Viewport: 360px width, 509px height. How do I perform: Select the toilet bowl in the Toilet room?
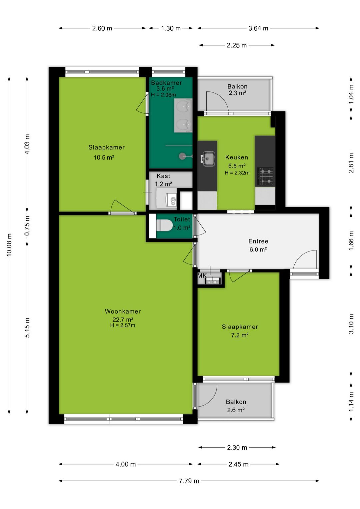(x=164, y=225)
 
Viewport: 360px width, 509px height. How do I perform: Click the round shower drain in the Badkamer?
(x=182, y=156)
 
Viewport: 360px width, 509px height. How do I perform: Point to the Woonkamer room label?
(x=123, y=311)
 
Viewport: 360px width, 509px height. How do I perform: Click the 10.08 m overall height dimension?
(x=9, y=245)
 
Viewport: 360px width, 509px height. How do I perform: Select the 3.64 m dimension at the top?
(x=258, y=28)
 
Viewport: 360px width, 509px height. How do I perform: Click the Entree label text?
(x=258, y=241)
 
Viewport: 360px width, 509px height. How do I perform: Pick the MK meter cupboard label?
(x=202, y=276)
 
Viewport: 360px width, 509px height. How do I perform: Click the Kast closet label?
(x=163, y=176)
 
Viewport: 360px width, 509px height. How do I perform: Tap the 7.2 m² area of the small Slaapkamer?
(x=240, y=335)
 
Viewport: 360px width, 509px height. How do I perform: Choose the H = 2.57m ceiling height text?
(x=123, y=326)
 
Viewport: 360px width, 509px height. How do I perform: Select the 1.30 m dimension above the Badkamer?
(x=171, y=28)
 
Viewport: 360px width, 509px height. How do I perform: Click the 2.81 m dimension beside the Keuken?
(x=351, y=163)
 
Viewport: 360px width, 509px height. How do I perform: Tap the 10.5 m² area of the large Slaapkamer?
(x=104, y=157)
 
